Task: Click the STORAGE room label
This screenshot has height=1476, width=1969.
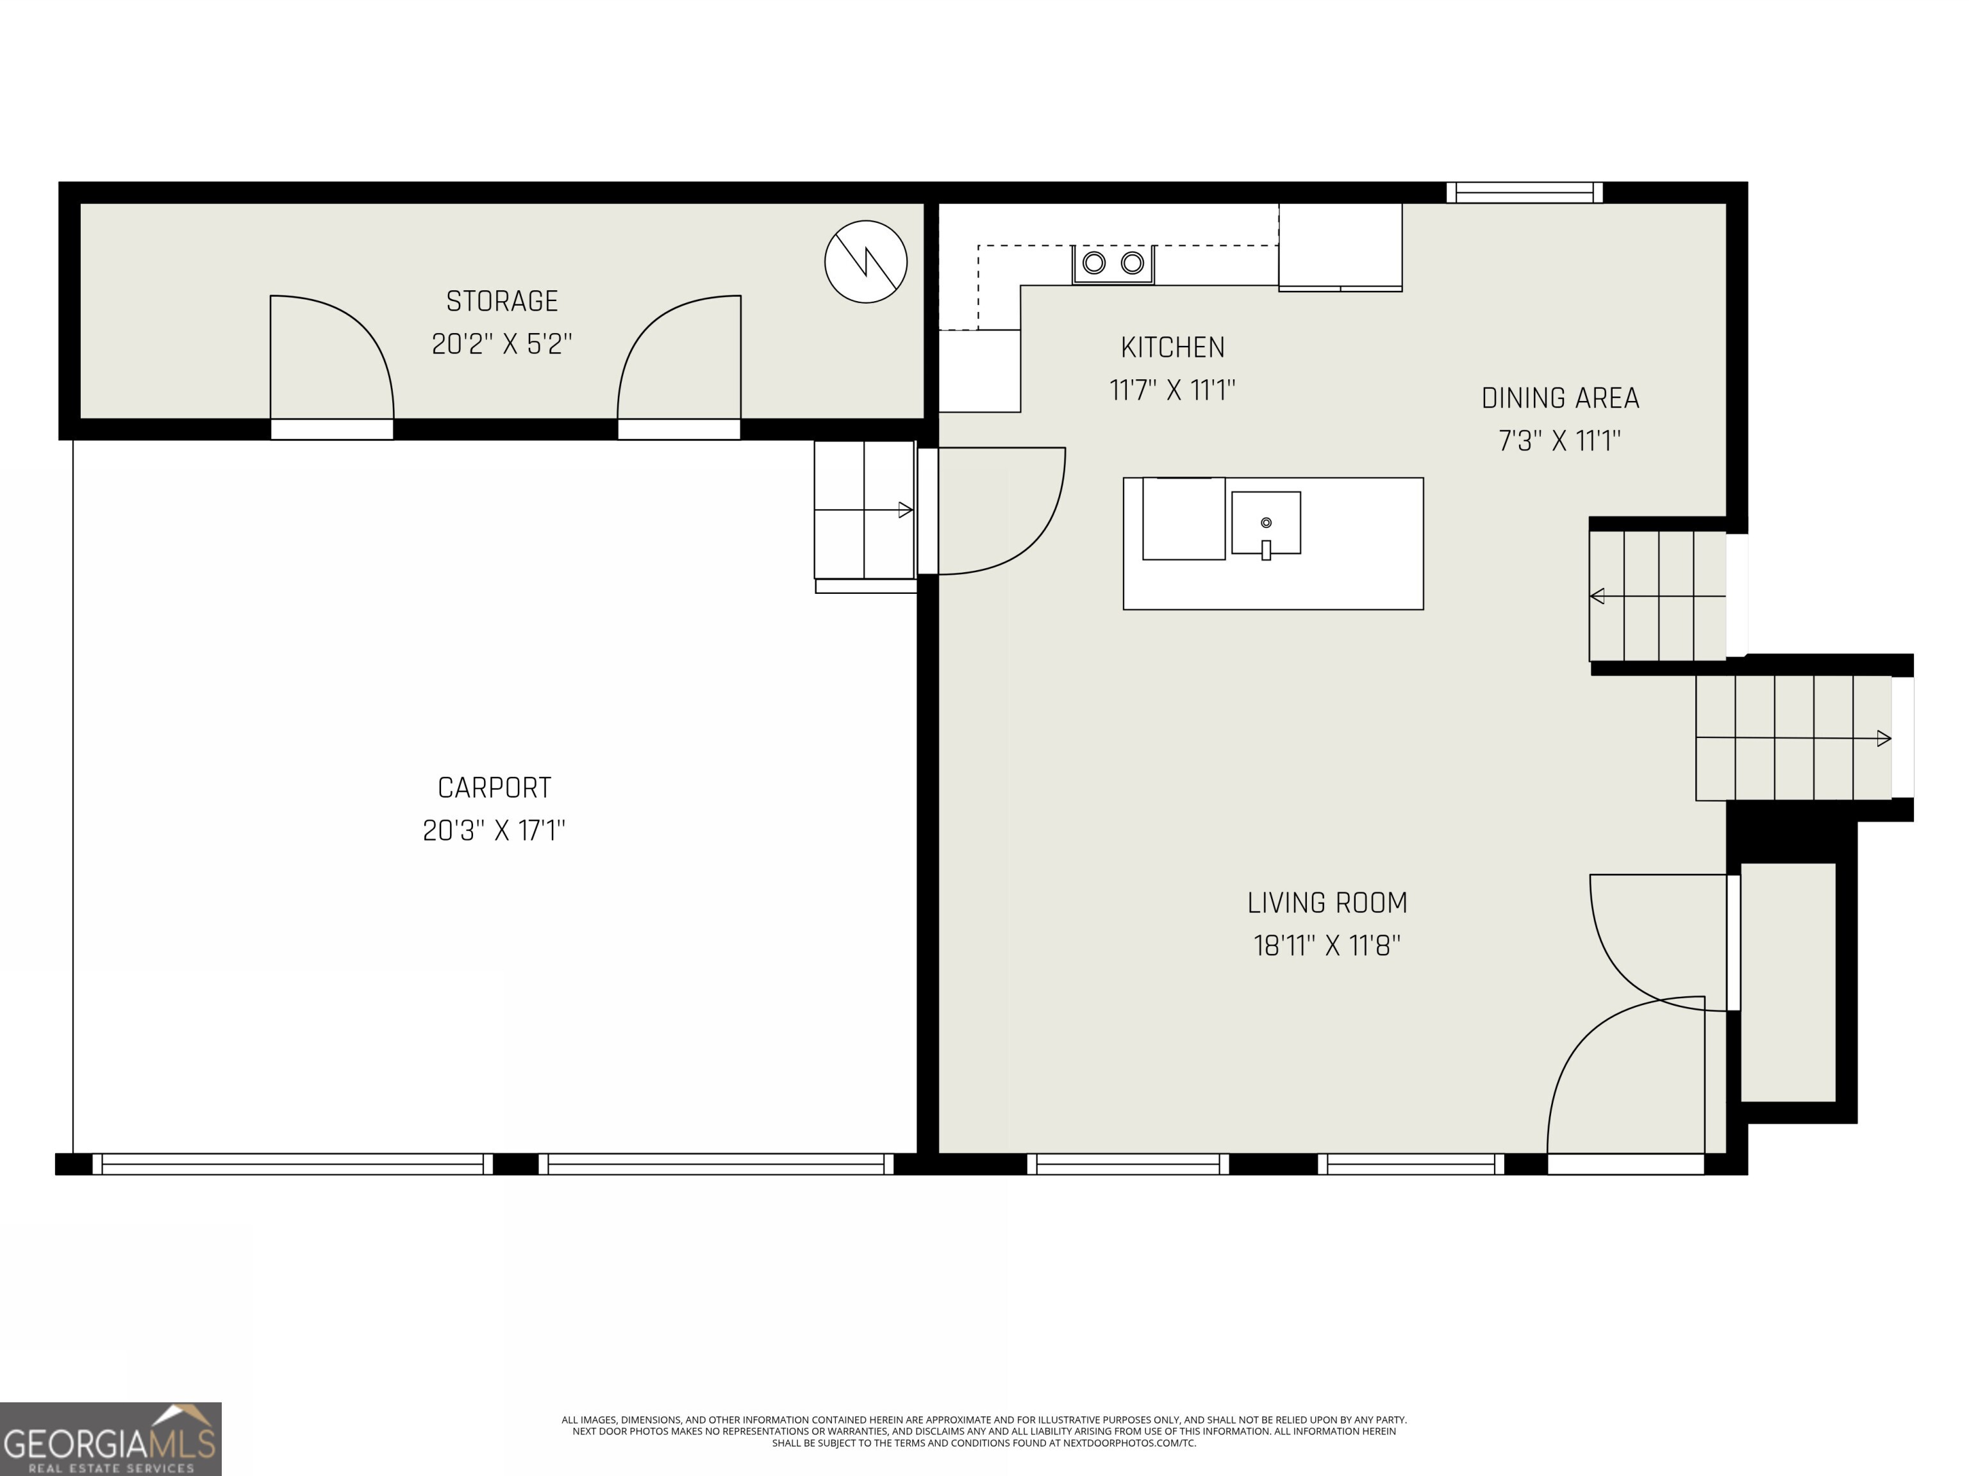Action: [501, 302]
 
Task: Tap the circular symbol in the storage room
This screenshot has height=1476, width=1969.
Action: [865, 261]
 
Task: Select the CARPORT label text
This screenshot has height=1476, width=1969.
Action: [494, 787]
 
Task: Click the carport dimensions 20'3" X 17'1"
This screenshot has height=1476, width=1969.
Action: [494, 830]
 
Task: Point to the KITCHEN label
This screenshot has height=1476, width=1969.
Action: [1172, 347]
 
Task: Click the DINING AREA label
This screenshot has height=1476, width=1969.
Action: [1559, 398]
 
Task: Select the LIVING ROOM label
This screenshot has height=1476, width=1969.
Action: [1326, 903]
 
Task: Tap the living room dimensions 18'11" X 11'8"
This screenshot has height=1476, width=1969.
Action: [1326, 945]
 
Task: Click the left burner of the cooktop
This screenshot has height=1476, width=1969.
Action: [1094, 263]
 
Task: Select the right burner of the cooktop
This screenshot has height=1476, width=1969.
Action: [1131, 263]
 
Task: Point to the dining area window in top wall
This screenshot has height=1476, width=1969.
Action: [1524, 192]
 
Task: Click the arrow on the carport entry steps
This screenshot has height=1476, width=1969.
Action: [904, 510]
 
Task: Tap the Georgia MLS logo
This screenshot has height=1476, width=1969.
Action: [110, 1439]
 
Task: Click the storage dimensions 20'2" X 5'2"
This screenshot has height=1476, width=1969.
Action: [501, 343]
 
